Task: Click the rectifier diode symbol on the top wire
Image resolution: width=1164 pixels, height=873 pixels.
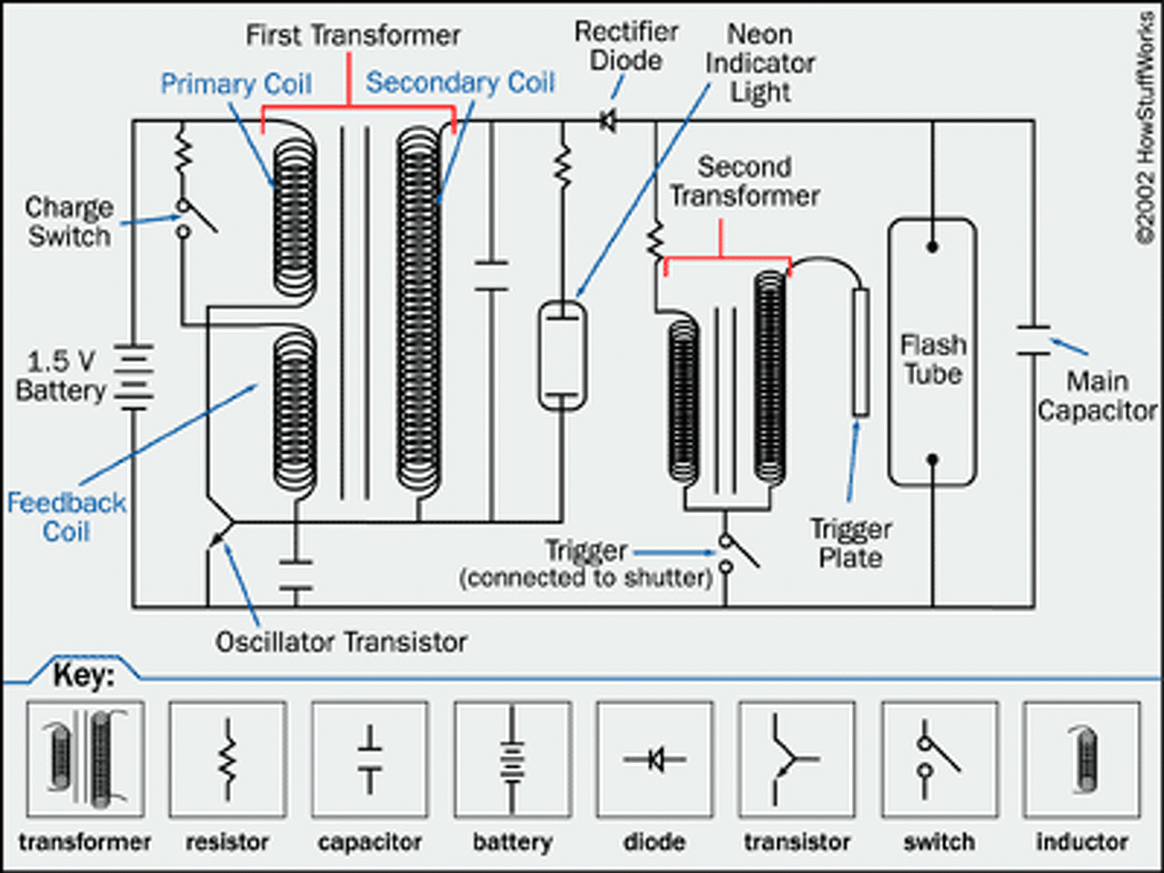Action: click(608, 121)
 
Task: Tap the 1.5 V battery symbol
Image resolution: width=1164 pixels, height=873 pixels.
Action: click(134, 376)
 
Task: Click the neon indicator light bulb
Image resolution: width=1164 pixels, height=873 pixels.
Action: click(563, 356)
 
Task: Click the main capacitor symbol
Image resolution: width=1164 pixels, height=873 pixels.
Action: click(1034, 340)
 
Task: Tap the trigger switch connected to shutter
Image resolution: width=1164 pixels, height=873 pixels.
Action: click(738, 555)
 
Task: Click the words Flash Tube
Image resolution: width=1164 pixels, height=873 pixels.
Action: click(933, 359)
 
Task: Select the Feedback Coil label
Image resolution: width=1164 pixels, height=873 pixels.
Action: click(66, 517)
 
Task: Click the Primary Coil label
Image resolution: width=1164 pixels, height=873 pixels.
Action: click(236, 84)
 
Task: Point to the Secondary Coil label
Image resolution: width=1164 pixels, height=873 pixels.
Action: click(460, 83)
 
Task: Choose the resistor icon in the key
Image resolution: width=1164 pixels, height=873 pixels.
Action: click(228, 759)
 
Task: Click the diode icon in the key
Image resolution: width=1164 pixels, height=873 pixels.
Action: click(655, 759)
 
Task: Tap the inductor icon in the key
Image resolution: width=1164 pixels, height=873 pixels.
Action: click(1082, 759)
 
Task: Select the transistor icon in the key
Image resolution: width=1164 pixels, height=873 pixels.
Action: click(797, 759)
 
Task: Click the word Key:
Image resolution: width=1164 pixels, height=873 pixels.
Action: click(84, 676)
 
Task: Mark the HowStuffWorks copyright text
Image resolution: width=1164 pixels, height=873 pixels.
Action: click(1146, 129)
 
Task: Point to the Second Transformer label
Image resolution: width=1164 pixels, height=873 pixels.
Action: click(745, 182)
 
